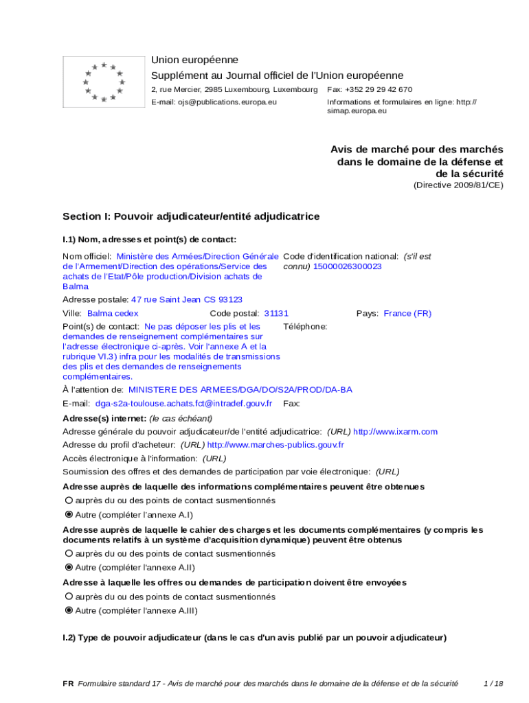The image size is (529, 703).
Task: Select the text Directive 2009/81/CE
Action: click(x=458, y=185)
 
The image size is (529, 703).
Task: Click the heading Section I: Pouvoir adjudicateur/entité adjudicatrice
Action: click(x=191, y=216)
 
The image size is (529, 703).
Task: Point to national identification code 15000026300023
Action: click(x=347, y=266)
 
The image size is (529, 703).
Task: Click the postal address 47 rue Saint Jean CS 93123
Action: click(x=187, y=299)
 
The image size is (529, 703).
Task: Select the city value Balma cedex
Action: click(x=113, y=313)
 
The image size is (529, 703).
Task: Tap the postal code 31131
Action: click(x=276, y=313)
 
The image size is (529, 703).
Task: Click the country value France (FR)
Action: click(x=407, y=313)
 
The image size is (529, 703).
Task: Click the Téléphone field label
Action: click(x=305, y=327)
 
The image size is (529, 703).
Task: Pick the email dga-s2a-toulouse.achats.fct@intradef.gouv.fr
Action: click(x=183, y=404)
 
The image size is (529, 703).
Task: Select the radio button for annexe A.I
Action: click(x=69, y=514)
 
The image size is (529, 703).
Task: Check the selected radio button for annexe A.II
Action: click(x=69, y=568)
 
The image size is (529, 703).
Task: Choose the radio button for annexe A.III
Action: click(x=69, y=610)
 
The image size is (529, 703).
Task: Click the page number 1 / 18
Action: click(x=493, y=684)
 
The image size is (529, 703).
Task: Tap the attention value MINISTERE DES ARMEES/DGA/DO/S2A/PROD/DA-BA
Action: click(x=240, y=390)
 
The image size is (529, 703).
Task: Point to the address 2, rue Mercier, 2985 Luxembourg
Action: click(x=234, y=90)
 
